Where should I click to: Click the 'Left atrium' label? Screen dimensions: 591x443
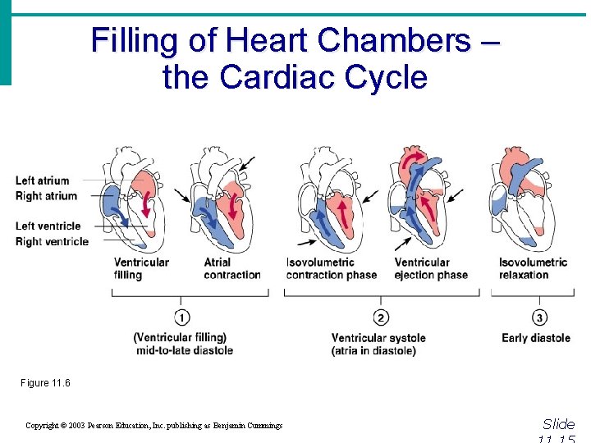coord(42,180)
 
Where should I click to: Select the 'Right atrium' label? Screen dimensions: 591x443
coord(46,196)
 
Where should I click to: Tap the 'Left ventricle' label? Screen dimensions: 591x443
coord(48,226)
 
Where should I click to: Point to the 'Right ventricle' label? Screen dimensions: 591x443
coord(52,241)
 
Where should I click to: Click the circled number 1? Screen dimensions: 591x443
coord(183,317)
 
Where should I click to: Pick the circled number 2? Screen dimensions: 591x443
coord(380,317)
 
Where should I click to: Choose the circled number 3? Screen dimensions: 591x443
coord(539,317)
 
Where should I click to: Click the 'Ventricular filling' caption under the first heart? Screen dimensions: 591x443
coord(141,268)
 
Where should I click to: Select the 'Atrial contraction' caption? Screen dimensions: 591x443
coord(232,268)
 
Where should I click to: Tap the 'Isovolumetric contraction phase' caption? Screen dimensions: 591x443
coord(332,268)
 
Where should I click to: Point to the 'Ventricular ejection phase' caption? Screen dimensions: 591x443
coord(432,268)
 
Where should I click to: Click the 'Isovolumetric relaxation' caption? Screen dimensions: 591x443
coord(533,268)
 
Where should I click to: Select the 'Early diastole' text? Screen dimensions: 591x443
coord(536,338)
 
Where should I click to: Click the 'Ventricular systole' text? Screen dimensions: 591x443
coord(378,338)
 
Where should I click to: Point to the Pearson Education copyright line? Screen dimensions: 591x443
coord(153,425)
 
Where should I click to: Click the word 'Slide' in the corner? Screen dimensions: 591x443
coord(558,424)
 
